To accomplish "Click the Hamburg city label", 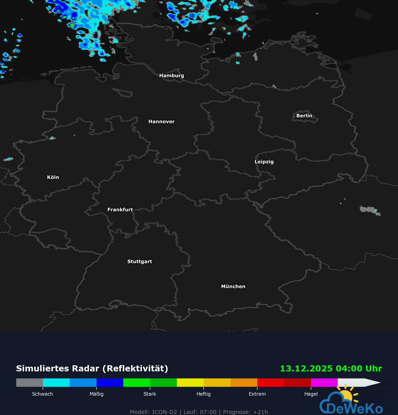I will (171, 76).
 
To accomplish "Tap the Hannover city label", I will (161, 122).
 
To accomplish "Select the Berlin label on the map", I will (304, 116).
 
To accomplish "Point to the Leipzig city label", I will (264, 162).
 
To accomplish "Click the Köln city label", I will (53, 177).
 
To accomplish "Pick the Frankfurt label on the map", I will (120, 210).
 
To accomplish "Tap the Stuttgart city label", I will (140, 261).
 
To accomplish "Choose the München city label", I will (233, 287).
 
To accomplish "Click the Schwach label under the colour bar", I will (43, 394).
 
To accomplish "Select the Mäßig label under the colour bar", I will (96, 394).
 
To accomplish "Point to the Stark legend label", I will (150, 394).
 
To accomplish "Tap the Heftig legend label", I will (203, 394).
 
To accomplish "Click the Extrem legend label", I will (257, 394).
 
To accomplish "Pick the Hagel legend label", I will (311, 394).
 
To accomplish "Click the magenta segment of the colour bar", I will (324, 382).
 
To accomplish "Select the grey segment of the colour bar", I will (29, 382).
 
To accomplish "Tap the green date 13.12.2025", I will (306, 369).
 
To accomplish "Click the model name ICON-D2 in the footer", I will (164, 412).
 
